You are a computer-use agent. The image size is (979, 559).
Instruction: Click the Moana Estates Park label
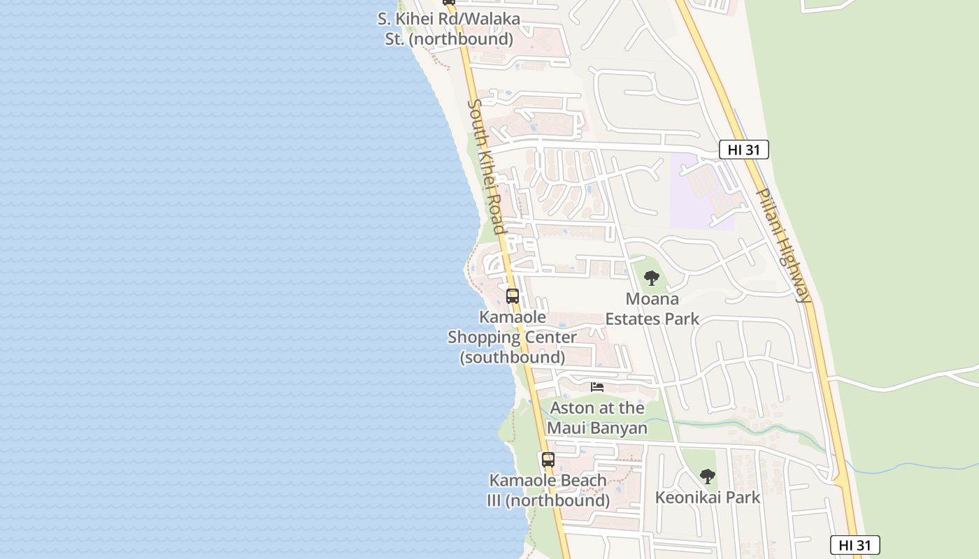(652, 309)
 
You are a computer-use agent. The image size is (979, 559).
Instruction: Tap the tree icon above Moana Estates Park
(652, 278)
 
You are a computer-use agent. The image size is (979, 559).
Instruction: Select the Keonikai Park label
(707, 498)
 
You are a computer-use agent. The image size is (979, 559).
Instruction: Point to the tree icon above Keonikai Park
(708, 477)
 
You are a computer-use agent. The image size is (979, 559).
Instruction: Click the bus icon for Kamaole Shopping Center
(513, 296)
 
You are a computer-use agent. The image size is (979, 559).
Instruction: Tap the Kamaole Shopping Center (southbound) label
(513, 337)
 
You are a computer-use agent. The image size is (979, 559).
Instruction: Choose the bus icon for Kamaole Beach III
(548, 460)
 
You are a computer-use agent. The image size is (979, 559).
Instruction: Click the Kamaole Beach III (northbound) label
(548, 491)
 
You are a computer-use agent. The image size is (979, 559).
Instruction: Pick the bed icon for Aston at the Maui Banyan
(597, 386)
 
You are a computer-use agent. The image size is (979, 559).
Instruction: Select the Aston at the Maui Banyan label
(597, 417)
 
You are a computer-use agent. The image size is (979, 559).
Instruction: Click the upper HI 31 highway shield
(744, 150)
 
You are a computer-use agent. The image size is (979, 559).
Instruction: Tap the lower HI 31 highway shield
(855, 545)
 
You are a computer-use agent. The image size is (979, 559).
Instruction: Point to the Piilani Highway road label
(785, 245)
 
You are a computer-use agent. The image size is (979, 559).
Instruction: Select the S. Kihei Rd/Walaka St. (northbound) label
(449, 29)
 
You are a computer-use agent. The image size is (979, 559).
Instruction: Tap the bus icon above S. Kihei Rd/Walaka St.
(449, 2)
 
